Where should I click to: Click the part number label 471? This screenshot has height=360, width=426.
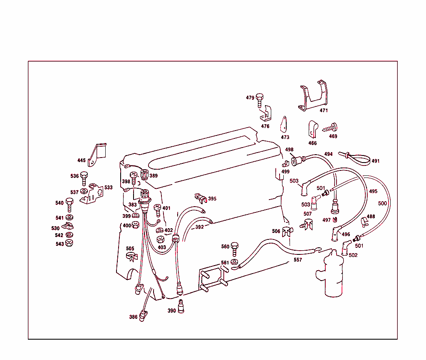tap(324, 111)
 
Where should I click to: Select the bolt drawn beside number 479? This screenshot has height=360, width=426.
tap(260, 99)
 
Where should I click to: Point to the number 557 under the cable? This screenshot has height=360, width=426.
tap(297, 260)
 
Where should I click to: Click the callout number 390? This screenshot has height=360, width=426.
tap(171, 311)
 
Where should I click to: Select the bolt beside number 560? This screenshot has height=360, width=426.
tap(234, 249)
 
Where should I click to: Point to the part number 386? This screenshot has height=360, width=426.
tap(133, 317)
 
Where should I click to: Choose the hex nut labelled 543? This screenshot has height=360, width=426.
tap(70, 244)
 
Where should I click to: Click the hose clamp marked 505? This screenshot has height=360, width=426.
tap(131, 256)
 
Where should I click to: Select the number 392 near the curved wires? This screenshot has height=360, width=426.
tap(200, 227)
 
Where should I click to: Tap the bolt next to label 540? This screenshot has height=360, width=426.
tap(69, 205)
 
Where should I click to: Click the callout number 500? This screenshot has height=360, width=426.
tap(382, 204)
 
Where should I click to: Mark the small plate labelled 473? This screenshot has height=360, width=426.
tap(285, 124)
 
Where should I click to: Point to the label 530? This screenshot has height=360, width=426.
tap(55, 228)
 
